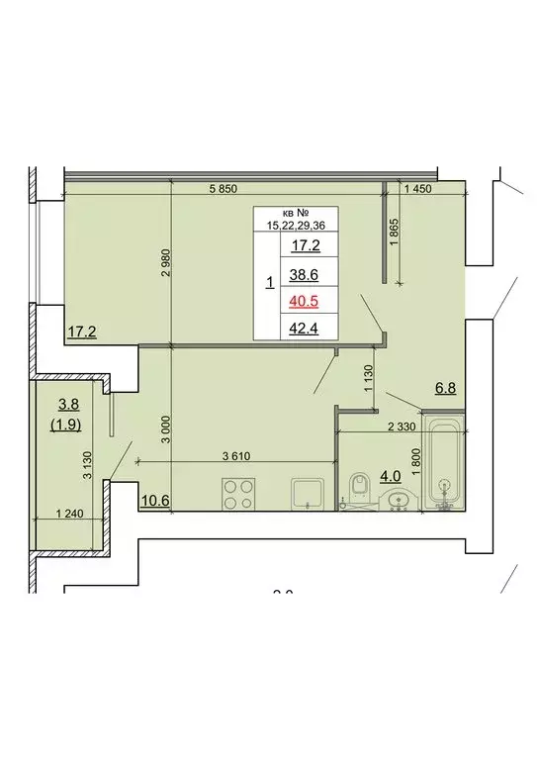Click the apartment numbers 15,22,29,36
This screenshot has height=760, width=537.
[297, 226]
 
